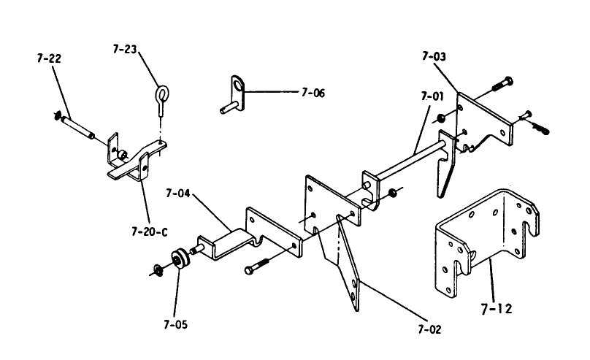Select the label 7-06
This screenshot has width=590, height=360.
(313, 93)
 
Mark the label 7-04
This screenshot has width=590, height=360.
(178, 194)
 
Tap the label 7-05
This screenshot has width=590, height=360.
(175, 323)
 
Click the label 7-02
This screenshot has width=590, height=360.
(429, 329)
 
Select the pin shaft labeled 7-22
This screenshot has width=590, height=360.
(76, 125)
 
